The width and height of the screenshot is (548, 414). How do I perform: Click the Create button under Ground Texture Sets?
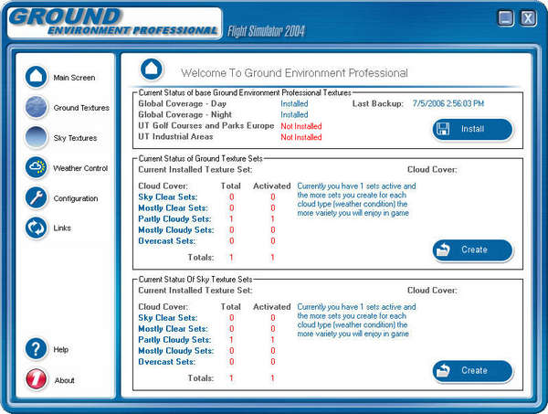[472, 249]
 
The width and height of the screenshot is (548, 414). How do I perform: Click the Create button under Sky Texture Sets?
[472, 370]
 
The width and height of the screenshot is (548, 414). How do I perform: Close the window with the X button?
[528, 18]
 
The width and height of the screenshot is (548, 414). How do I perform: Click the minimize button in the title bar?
[506, 18]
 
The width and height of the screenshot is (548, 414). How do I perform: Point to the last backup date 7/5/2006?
[448, 103]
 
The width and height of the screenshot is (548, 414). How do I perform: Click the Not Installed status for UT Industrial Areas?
[300, 137]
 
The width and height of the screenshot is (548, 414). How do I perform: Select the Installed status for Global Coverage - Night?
[294, 115]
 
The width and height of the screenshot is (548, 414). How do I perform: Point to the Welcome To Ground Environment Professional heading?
[294, 72]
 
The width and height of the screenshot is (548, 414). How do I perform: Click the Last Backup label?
[378, 103]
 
